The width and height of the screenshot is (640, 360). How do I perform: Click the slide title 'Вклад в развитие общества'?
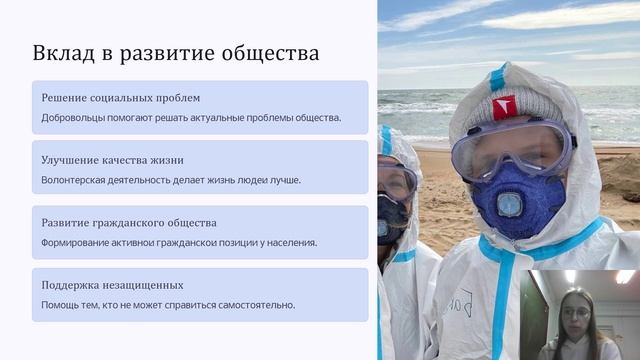pyautogui.click(x=176, y=53)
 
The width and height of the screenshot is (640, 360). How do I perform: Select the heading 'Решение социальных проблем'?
pyautogui.click(x=121, y=98)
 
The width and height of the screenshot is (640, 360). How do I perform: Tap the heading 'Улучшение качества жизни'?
pyautogui.click(x=112, y=160)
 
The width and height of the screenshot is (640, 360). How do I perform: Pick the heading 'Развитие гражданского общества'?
pyautogui.click(x=129, y=222)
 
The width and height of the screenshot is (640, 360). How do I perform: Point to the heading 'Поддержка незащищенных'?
pyautogui.click(x=112, y=285)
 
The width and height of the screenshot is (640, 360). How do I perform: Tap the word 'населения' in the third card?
pyautogui.click(x=287, y=242)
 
